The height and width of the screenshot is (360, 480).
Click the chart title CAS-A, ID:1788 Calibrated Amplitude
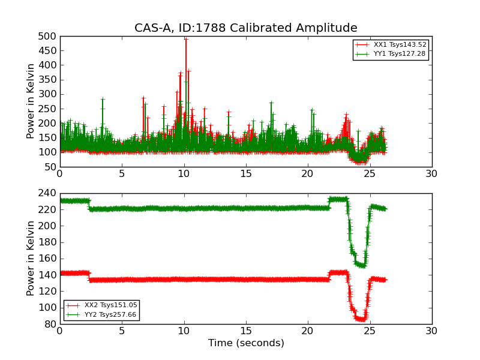[x=245, y=28]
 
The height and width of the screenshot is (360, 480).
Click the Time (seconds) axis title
[x=246, y=343]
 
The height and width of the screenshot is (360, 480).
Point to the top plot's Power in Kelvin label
[x=31, y=101]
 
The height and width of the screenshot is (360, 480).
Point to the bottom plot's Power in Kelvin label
[x=31, y=259]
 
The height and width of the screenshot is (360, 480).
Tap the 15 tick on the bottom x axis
[x=246, y=331]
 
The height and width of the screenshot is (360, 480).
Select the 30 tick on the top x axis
[x=431, y=174]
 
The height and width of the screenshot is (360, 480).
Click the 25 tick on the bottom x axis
[x=370, y=331]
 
